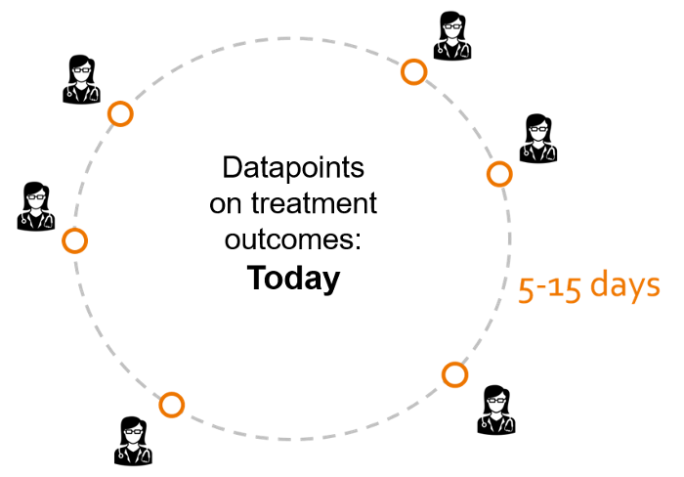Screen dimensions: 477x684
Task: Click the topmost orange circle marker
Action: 413,71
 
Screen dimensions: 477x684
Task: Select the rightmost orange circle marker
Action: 499,174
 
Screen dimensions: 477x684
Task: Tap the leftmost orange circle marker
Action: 75,240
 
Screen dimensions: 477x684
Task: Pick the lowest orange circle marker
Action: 172,405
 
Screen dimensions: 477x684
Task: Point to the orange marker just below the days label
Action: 454,374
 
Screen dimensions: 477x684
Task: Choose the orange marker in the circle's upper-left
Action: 120,114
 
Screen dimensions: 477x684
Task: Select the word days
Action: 625,286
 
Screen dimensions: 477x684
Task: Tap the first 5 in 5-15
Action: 526,289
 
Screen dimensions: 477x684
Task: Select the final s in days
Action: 654,287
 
